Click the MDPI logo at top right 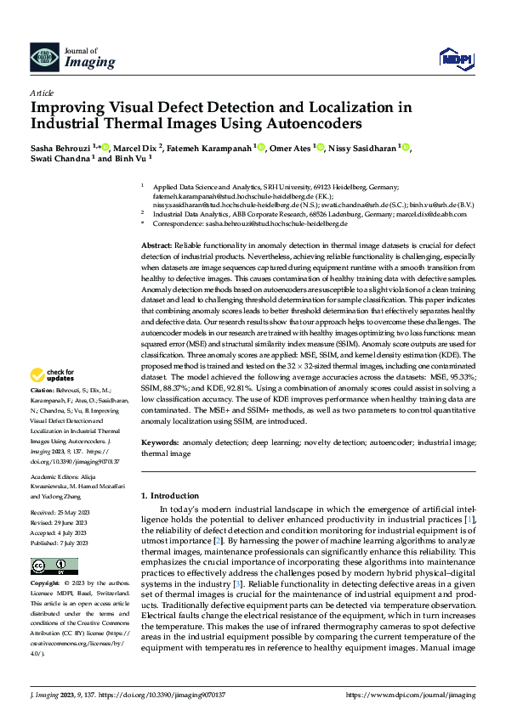(455, 58)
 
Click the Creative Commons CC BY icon (49, 566)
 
